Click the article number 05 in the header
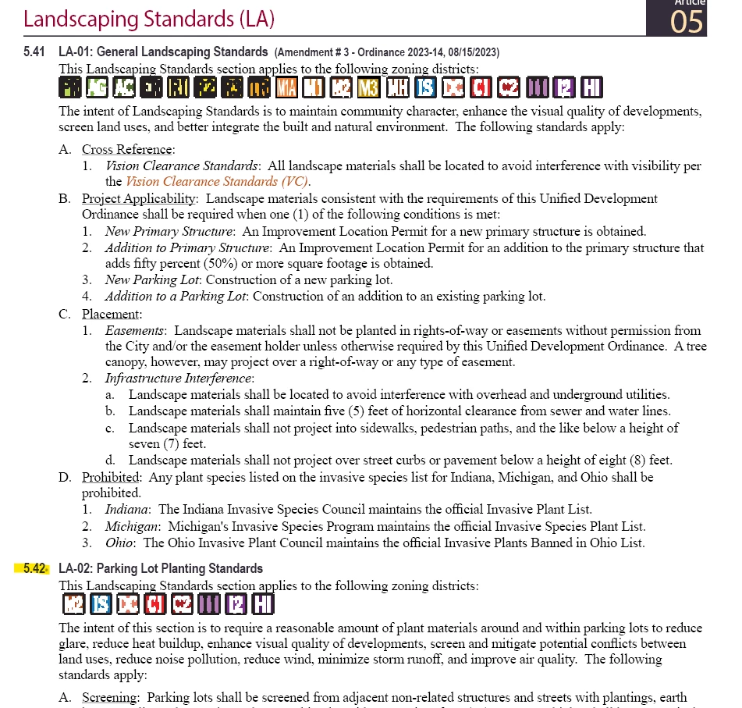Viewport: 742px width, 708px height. pos(687,21)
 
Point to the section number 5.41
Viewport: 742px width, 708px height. pos(35,52)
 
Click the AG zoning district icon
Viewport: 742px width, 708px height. pos(98,88)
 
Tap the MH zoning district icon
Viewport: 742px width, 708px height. pos(397,88)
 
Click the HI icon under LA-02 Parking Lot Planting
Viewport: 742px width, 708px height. pos(263,604)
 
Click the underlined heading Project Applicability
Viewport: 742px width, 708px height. pos(138,198)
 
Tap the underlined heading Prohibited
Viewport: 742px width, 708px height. pos(111,476)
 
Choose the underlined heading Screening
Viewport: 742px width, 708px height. pos(111,697)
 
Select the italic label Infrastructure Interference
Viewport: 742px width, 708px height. pos(179,379)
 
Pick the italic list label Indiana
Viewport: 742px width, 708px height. pos(128,509)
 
